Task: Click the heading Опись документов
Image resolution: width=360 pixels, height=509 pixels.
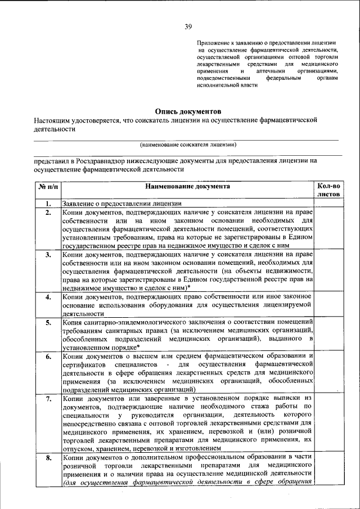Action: click(188, 111)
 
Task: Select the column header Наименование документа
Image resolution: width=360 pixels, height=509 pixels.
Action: click(187, 186)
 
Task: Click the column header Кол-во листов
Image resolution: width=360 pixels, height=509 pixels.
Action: click(328, 190)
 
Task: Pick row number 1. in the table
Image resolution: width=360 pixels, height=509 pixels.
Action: click(49, 203)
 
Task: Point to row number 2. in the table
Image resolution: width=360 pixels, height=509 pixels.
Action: click(49, 212)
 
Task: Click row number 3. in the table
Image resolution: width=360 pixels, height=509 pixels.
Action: click(49, 254)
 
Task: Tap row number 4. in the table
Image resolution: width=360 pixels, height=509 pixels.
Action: click(49, 296)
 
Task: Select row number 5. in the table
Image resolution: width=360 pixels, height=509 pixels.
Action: click(49, 322)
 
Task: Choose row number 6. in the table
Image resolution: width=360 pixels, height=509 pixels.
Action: click(49, 356)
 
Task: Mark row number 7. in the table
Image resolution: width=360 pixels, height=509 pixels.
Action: click(49, 399)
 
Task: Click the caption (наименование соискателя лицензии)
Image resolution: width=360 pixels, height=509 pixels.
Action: click(188, 145)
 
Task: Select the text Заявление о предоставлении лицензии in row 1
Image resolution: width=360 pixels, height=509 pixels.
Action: click(121, 203)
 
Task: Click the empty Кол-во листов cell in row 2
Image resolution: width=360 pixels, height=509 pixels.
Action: click(328, 229)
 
